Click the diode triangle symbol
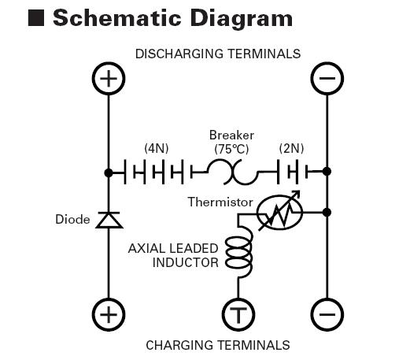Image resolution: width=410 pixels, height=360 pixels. (x=109, y=220)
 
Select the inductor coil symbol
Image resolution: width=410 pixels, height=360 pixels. (x=238, y=252)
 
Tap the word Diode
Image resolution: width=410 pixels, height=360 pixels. (x=72, y=220)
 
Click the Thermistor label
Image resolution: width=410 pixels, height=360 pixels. (x=220, y=202)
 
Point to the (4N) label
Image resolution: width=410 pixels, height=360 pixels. (x=157, y=149)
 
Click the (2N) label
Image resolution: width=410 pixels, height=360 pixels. (x=291, y=149)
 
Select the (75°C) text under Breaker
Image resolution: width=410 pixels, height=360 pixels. (x=231, y=149)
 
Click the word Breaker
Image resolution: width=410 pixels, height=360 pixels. (x=231, y=135)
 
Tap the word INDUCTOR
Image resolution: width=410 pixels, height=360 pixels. (x=186, y=262)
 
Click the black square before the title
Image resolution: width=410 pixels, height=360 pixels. (x=36, y=18)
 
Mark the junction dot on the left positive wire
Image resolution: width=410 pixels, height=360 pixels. (x=109, y=173)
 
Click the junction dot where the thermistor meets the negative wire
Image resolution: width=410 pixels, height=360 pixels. (x=327, y=212)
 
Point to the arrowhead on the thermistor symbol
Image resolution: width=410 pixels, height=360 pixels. (x=297, y=195)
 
